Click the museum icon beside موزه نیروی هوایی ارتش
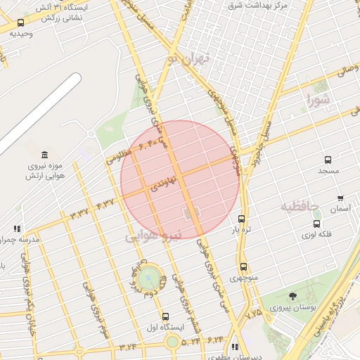45,155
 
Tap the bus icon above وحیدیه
20,23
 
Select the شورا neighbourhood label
317,101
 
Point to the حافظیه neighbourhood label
300,207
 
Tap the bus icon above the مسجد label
328,160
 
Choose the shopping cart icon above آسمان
341,198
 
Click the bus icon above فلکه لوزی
316,224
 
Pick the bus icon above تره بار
242,219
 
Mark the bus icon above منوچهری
243,266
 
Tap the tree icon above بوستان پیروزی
292,295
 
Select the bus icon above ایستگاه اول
166,316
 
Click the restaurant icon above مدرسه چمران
17,229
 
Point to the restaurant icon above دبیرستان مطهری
235,347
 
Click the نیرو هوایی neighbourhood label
153,236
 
